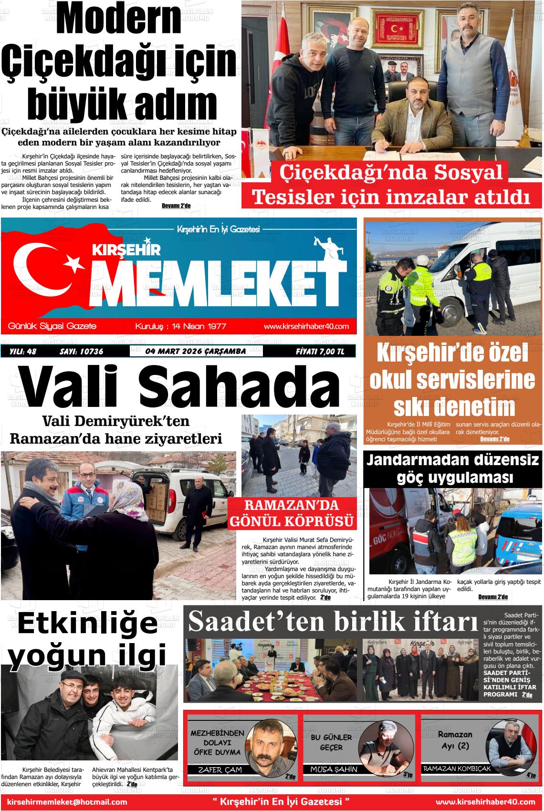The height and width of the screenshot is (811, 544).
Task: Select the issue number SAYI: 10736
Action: coord(81,352)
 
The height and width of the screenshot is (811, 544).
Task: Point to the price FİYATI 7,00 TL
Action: coord(319,352)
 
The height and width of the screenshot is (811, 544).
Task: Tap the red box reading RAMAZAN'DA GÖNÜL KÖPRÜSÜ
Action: coord(293,513)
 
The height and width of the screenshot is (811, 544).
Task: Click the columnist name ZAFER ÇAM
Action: coord(220,769)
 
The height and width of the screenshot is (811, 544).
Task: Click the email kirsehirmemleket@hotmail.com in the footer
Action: coord(67,802)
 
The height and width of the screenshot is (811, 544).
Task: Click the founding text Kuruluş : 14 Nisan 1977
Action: coord(181,326)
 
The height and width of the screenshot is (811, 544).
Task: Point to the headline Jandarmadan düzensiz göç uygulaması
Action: coord(453,468)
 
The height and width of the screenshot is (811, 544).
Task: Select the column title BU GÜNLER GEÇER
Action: coord(331,742)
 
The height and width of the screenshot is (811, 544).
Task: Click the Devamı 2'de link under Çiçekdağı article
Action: coord(176,206)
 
